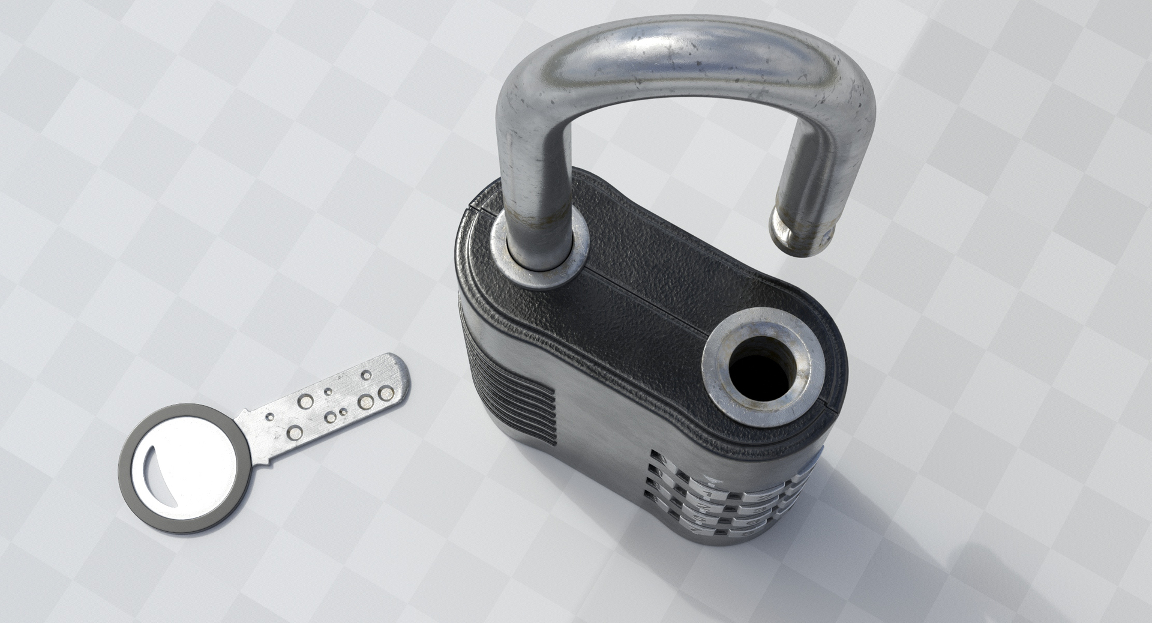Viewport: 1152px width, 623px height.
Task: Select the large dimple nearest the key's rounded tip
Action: [x=386, y=393]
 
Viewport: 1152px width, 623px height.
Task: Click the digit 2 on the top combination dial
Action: [x=765, y=496]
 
